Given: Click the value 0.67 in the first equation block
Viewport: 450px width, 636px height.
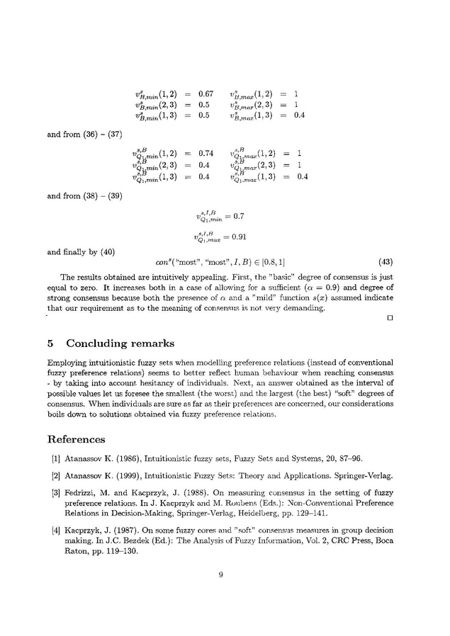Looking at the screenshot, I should coord(206,93).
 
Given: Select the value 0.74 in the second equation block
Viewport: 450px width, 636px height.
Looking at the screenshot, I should coord(206,153).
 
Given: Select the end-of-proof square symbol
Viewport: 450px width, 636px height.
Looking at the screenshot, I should coord(390,317).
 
